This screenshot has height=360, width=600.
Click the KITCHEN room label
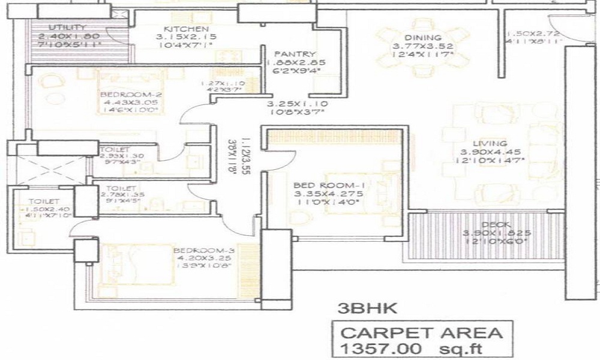(186, 29)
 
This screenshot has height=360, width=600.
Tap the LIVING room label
(489, 143)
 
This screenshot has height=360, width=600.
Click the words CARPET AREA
(418, 331)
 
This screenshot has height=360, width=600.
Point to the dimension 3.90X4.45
(490, 152)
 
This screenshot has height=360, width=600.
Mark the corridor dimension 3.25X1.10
(295, 103)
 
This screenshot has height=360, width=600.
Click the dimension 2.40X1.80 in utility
(67, 36)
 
